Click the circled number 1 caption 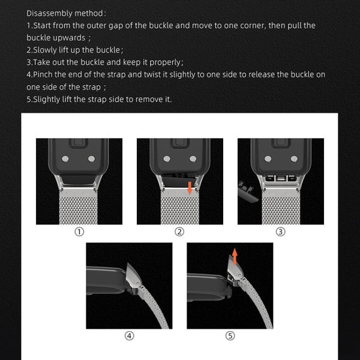79,232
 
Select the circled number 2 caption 179,232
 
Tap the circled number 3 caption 280,232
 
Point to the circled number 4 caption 129,336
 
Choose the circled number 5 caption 230,336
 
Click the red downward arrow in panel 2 190,188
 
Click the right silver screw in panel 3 293,159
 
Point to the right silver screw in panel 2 193,159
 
